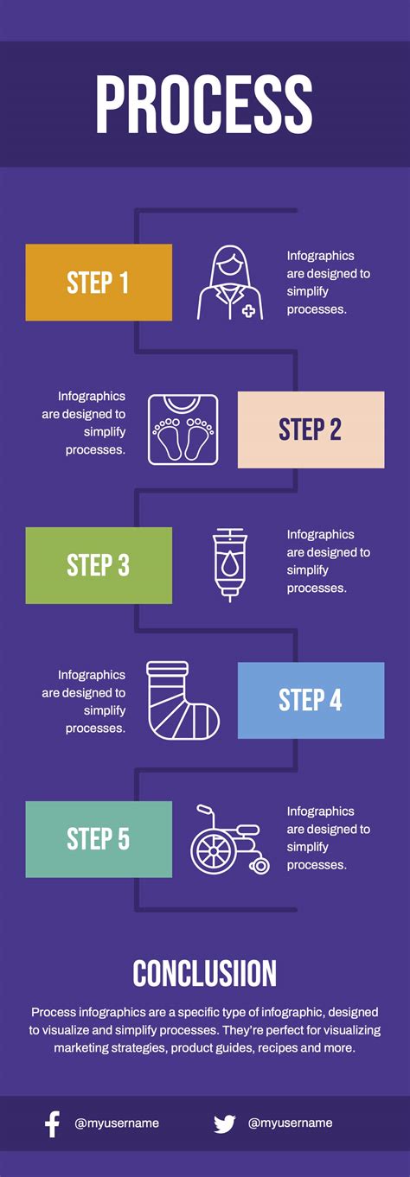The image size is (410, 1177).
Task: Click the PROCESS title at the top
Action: click(x=204, y=104)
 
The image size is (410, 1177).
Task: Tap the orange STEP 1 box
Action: click(x=99, y=283)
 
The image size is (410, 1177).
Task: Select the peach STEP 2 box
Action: click(x=311, y=429)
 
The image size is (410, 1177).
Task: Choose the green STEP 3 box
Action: click(x=99, y=565)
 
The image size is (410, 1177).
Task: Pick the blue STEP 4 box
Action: click(x=311, y=701)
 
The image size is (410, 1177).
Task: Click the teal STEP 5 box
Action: click(x=99, y=839)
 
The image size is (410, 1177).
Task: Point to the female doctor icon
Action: click(x=230, y=283)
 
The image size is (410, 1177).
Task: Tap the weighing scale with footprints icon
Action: click(x=183, y=429)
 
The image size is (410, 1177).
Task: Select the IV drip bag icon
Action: click(x=229, y=565)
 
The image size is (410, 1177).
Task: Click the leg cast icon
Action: click(x=183, y=701)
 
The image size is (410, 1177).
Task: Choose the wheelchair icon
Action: click(x=230, y=839)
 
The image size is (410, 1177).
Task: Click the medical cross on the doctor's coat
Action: click(x=248, y=311)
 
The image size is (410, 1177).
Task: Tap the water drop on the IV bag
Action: click(x=228, y=566)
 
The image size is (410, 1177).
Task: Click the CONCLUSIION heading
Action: click(x=204, y=973)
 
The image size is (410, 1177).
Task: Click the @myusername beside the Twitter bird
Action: click(x=290, y=1123)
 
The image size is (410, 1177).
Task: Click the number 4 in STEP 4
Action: click(x=336, y=701)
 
